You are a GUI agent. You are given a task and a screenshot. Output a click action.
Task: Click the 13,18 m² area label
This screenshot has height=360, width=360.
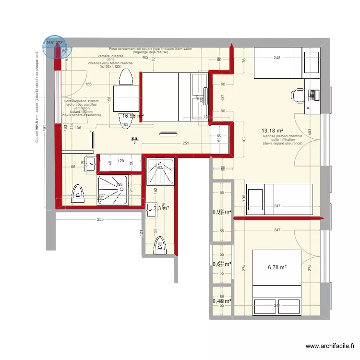tap(272, 131)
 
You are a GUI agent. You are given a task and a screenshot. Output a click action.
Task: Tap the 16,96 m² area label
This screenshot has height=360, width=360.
tap(133, 116)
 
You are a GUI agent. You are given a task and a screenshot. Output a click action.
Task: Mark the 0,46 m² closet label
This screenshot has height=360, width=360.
tap(222, 301)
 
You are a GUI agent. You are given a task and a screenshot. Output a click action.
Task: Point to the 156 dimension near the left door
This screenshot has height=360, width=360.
tap(88, 84)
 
